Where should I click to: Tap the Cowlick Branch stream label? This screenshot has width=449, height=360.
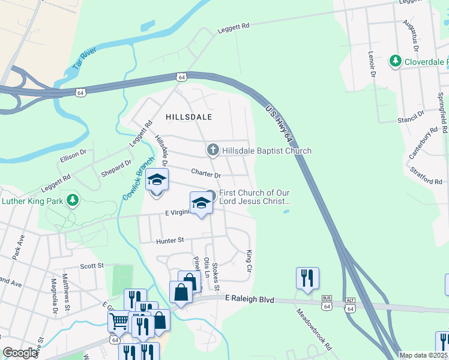coord(137,183)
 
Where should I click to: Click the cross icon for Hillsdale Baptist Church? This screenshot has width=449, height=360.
coord(212,150)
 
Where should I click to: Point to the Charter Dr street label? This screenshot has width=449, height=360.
coord(206,174)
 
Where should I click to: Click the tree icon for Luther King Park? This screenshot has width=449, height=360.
coord(73,200)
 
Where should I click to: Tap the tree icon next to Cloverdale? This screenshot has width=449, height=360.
coord(396,61)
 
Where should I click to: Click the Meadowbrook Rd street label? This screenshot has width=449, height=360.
coord(314,329)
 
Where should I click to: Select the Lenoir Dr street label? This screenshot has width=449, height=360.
coord(371,64)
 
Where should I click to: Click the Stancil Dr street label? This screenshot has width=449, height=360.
coord(411,116)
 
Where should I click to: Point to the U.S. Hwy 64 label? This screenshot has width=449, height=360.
coord(279,124)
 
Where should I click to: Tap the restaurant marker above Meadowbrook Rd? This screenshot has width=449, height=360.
coord(307,278)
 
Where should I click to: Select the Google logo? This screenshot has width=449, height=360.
coord(20,353)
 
